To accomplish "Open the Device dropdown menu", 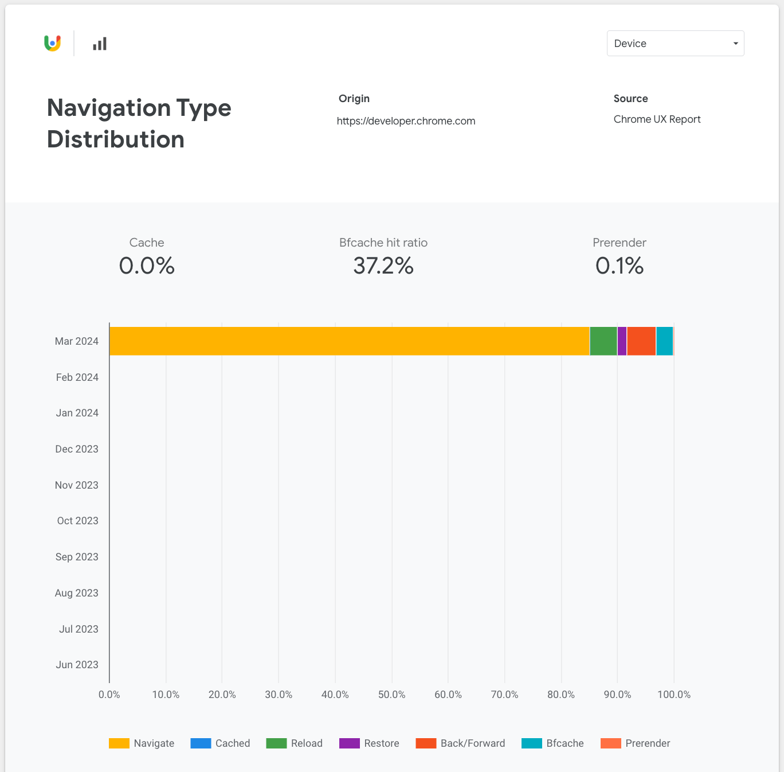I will coord(675,44).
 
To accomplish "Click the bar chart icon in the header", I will coord(100,44).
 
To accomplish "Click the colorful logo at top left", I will coord(53,43).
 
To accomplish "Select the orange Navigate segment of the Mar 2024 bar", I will coord(349,341).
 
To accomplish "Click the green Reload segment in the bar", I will coord(603,341).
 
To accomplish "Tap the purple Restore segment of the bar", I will coord(622,341).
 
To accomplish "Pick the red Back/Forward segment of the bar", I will coord(641,341).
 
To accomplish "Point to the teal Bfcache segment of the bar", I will coord(664,341).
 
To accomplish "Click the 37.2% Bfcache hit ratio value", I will coord(383,266).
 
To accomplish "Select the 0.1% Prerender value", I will coord(619,266).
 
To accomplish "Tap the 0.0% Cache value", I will coord(147,266).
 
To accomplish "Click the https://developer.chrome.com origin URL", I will coord(406,121).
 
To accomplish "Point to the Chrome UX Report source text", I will coord(657,119).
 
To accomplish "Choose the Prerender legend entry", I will coord(636,743).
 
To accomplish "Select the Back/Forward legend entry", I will coord(461,743).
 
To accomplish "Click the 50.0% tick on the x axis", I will coord(391,695).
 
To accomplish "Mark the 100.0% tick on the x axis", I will coord(674,695).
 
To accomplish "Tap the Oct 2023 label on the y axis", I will coord(77,521).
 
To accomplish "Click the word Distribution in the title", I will coord(116,139).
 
